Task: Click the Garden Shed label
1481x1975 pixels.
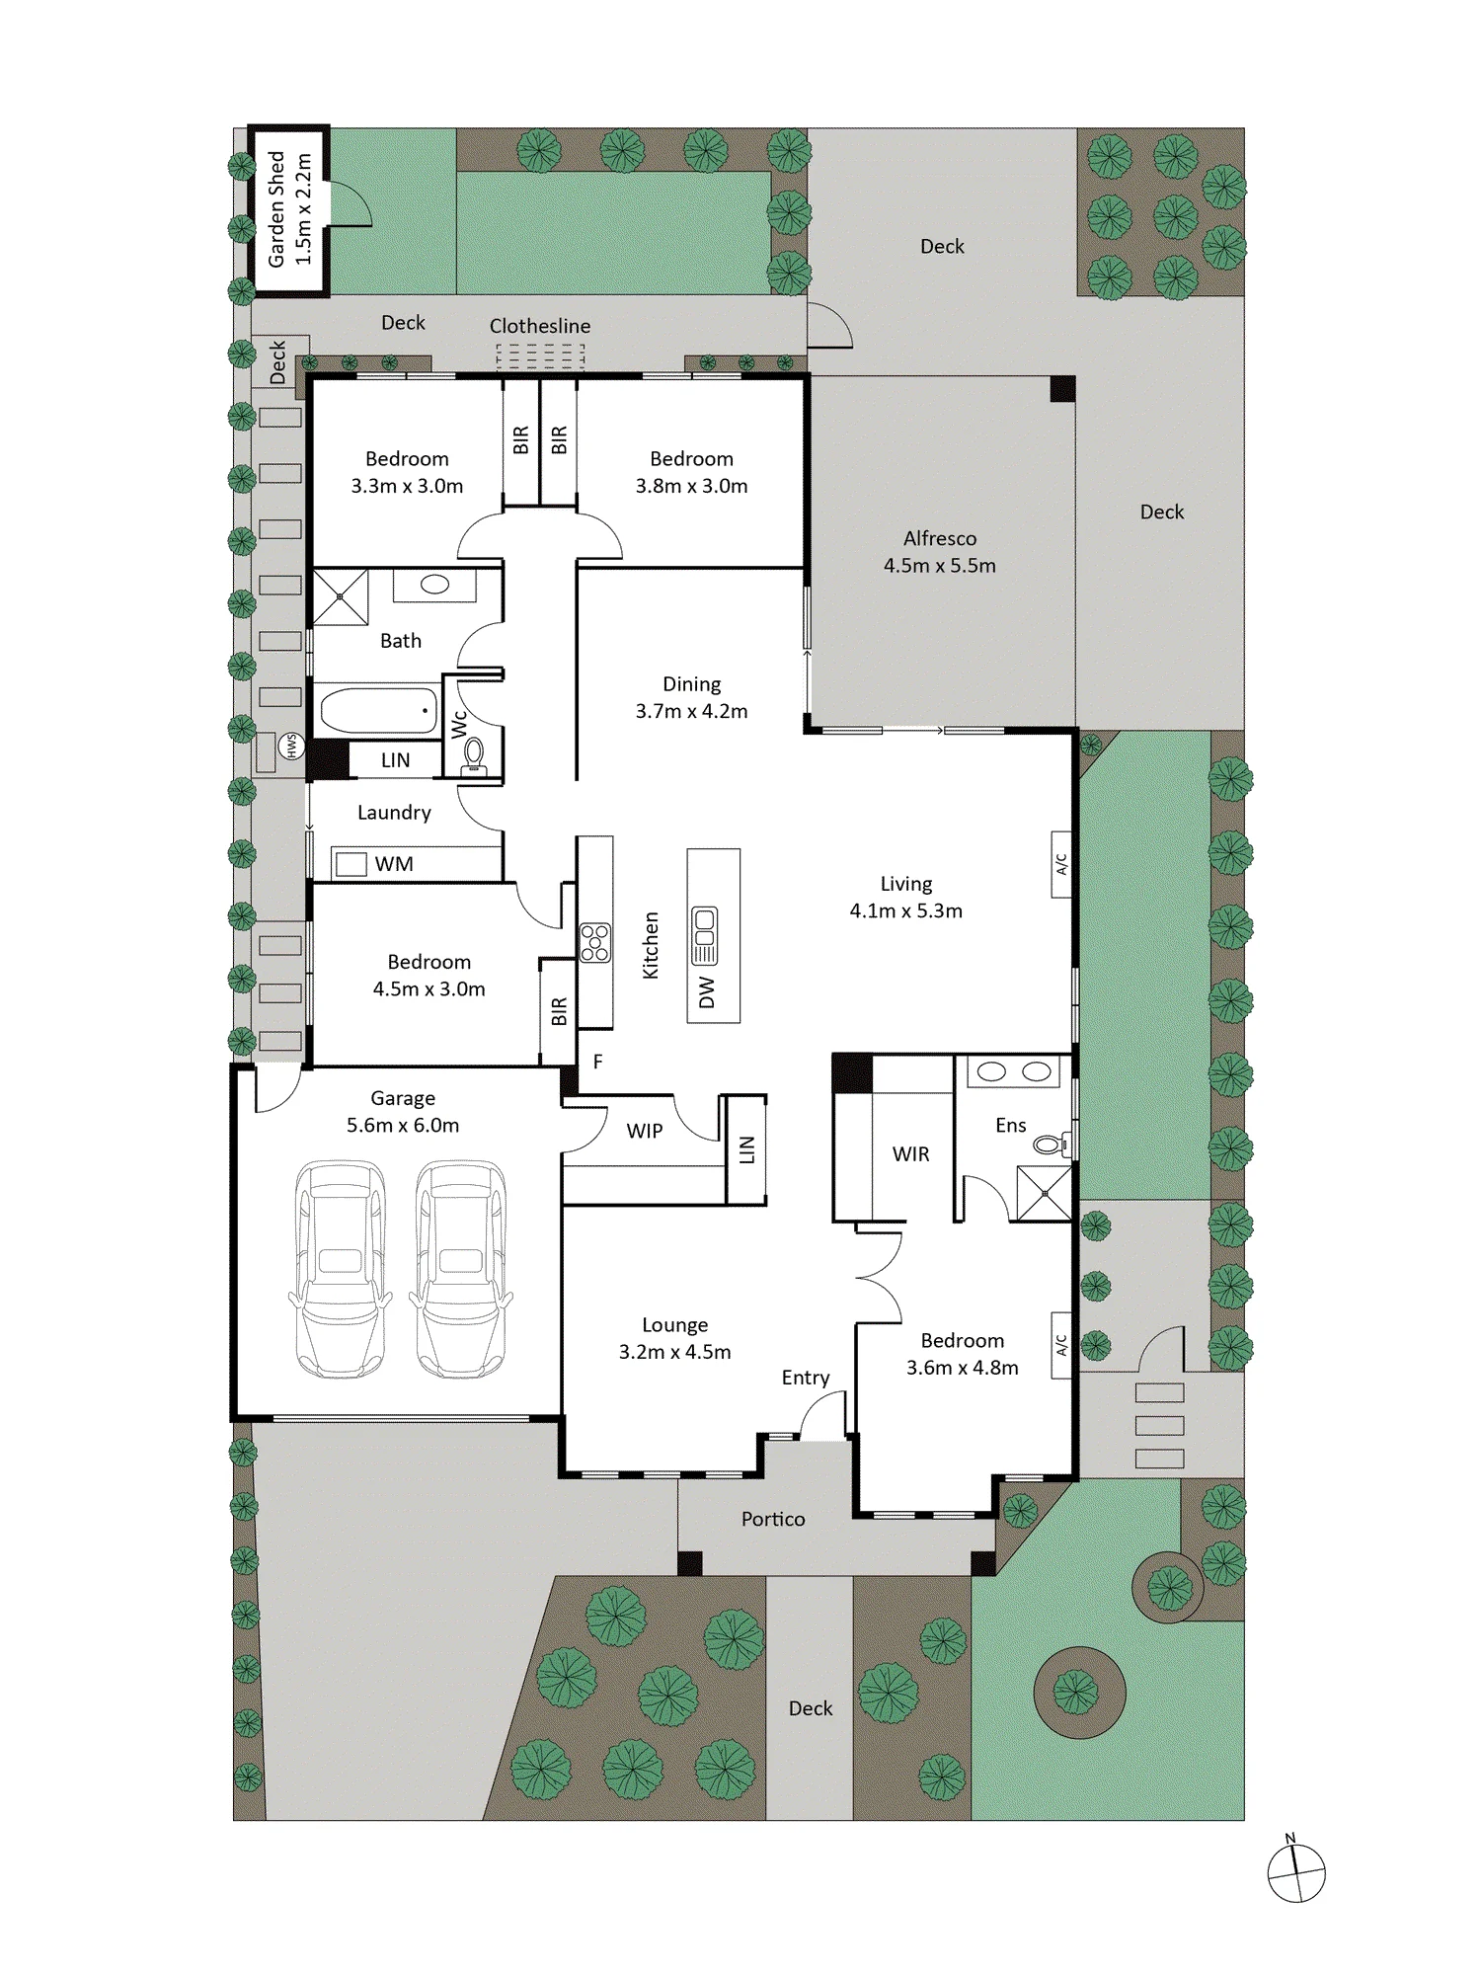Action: pyautogui.click(x=277, y=208)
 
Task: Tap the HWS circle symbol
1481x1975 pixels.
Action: pyautogui.click(x=291, y=746)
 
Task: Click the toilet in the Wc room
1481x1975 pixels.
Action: pyautogui.click(x=475, y=754)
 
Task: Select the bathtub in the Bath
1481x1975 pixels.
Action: pyautogui.click(x=379, y=711)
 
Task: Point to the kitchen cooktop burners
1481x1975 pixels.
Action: pyautogui.click(x=595, y=942)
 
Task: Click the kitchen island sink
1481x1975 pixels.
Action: pyautogui.click(x=705, y=935)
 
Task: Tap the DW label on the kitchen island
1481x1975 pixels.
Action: pyautogui.click(x=706, y=992)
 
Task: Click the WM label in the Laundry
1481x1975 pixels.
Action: pyautogui.click(x=394, y=864)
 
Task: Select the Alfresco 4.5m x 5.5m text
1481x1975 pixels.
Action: pyautogui.click(x=940, y=552)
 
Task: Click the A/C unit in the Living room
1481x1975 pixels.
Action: pyautogui.click(x=1061, y=864)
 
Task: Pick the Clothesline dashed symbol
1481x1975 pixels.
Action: pyautogui.click(x=540, y=355)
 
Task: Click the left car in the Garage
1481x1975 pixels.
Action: pyautogui.click(x=341, y=1269)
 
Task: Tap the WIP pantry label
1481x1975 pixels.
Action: pyautogui.click(x=645, y=1132)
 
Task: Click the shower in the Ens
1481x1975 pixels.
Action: pyautogui.click(x=1045, y=1194)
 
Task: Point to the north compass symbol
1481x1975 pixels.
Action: pyautogui.click(x=1296, y=1869)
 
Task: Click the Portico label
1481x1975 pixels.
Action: pyautogui.click(x=773, y=1520)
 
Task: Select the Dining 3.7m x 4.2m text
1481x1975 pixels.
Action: pyautogui.click(x=691, y=697)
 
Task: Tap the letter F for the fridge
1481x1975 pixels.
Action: pyautogui.click(x=597, y=1063)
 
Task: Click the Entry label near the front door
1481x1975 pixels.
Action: pyautogui.click(x=806, y=1379)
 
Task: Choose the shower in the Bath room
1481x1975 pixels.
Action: pyautogui.click(x=341, y=596)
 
